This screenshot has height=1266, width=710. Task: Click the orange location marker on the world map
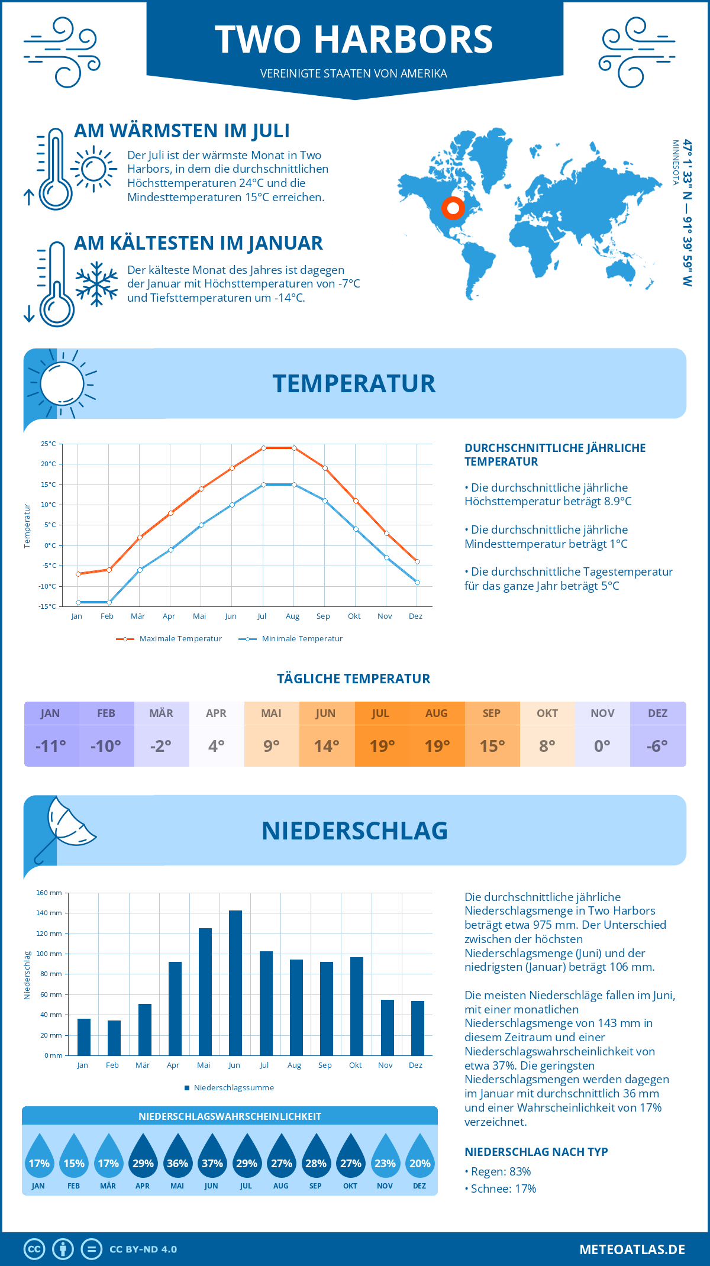pyautogui.click(x=453, y=208)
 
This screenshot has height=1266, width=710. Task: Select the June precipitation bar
pyautogui.click(x=235, y=983)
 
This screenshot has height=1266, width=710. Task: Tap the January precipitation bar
pyautogui.click(x=84, y=1036)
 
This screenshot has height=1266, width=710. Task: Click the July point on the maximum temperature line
pyautogui.click(x=263, y=448)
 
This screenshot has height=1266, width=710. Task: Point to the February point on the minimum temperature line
pyautogui.click(x=109, y=602)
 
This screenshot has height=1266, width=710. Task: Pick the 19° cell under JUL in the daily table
pyautogui.click(x=382, y=746)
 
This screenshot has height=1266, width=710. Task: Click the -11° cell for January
pyautogui.click(x=51, y=746)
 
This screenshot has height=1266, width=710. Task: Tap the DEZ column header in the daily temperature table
pyautogui.click(x=657, y=713)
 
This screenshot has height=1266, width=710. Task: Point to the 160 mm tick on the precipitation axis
pyautogui.click(x=50, y=893)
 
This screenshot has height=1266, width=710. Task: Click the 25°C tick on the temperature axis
pyautogui.click(x=49, y=444)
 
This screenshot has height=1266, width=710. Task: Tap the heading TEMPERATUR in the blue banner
pyautogui.click(x=354, y=383)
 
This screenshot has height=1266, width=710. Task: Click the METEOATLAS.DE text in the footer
pyautogui.click(x=632, y=1249)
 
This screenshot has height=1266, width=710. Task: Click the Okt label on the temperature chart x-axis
pyautogui.click(x=354, y=616)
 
